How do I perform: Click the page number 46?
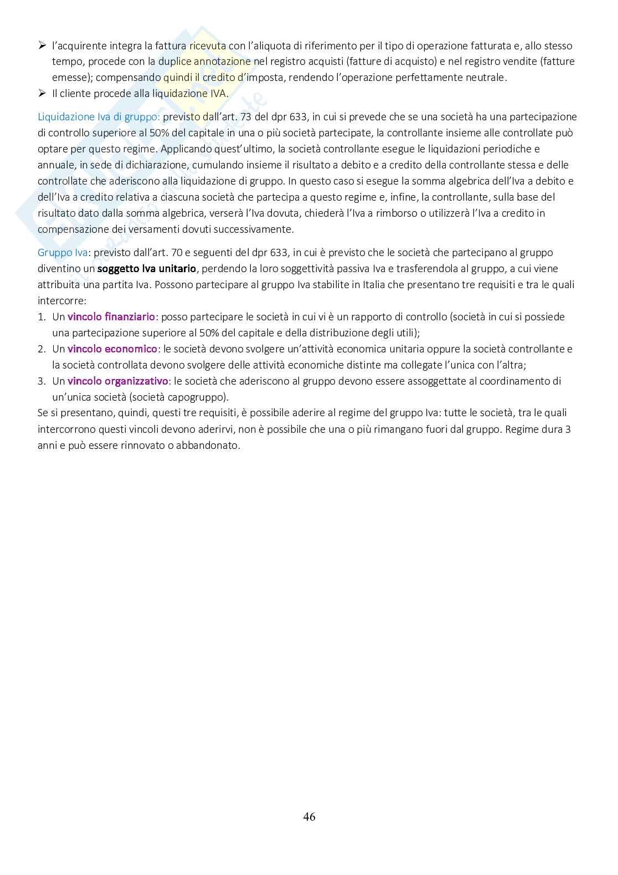[309, 816]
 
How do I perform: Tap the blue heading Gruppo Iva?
[63, 253]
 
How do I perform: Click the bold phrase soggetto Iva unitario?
[146, 269]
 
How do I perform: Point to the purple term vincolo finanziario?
[111, 317]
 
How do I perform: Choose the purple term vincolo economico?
[112, 349]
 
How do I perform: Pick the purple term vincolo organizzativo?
[117, 381]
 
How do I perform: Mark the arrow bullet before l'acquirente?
[42, 45]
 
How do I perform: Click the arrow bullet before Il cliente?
[42, 94]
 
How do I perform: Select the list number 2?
[41, 349]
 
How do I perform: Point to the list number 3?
[41, 381]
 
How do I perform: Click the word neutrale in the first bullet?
[486, 78]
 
